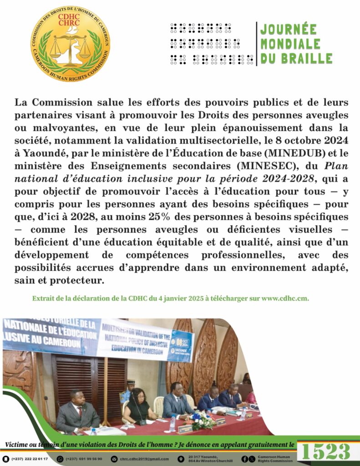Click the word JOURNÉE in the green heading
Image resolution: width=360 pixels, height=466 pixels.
tap(288, 30)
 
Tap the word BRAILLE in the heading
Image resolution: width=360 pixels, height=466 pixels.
tap(310, 58)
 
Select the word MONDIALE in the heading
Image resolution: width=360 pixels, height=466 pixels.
tap(290, 44)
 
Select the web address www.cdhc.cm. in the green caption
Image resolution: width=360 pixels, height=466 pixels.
tap(286, 299)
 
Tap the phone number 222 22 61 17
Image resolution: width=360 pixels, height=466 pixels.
tap(31, 459)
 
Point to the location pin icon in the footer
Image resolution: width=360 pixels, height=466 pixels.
tap(181, 459)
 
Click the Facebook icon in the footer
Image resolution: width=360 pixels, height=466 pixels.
tap(245, 459)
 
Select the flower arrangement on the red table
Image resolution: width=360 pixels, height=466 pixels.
tap(201, 419)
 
